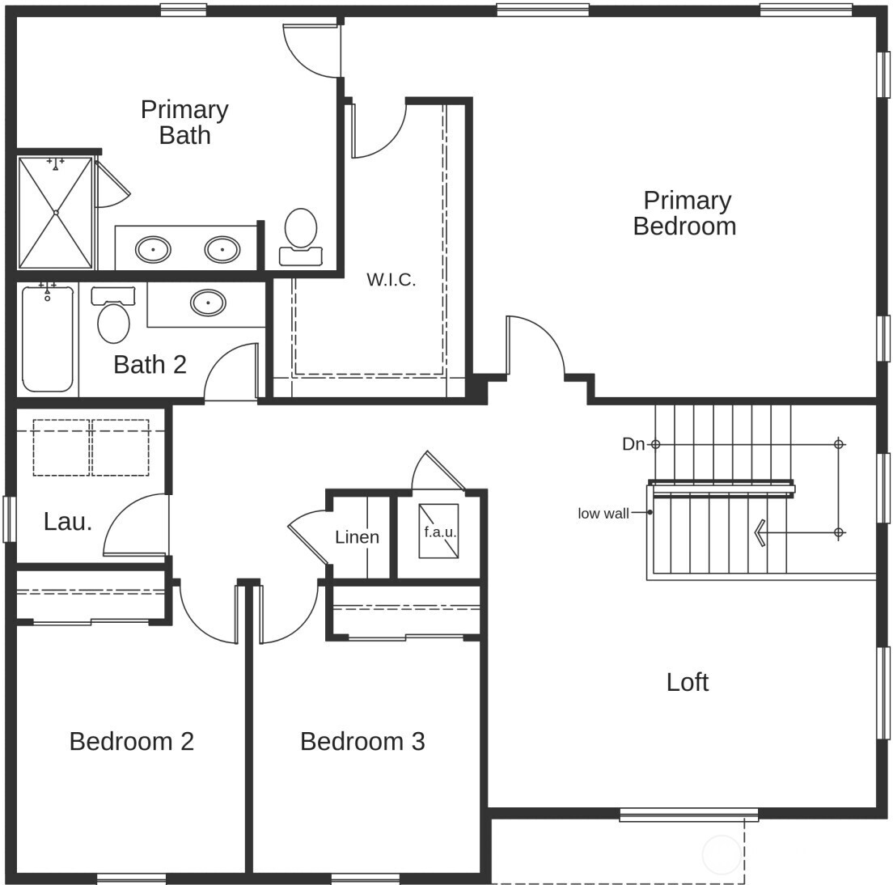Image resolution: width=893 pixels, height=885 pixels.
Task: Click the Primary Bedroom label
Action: click(x=685, y=213)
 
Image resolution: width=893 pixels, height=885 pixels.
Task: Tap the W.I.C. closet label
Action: click(x=391, y=280)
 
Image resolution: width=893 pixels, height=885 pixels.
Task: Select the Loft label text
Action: click(x=687, y=682)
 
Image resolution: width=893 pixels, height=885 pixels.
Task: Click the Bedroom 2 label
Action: click(x=131, y=741)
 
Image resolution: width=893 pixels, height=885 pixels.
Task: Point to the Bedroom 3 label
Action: click(x=362, y=741)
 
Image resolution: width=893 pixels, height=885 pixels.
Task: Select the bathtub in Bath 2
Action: click(x=48, y=340)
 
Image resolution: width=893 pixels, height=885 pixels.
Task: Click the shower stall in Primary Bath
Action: click(x=55, y=212)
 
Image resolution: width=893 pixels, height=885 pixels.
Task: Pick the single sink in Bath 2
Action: click(x=208, y=303)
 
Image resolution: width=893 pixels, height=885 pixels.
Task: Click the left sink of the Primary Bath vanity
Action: click(x=152, y=249)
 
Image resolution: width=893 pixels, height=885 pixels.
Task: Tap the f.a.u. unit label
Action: click(x=440, y=532)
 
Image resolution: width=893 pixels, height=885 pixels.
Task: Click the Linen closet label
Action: click(x=357, y=537)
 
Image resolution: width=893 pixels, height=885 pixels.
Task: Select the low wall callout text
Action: click(x=603, y=514)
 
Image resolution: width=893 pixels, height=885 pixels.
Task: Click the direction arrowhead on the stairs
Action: click(x=760, y=532)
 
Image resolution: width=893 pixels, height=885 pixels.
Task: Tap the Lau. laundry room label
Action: click(x=68, y=522)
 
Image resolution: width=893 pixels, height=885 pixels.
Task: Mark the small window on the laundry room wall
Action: click(x=9, y=519)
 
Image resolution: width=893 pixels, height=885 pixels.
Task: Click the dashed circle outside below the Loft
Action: click(x=722, y=855)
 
